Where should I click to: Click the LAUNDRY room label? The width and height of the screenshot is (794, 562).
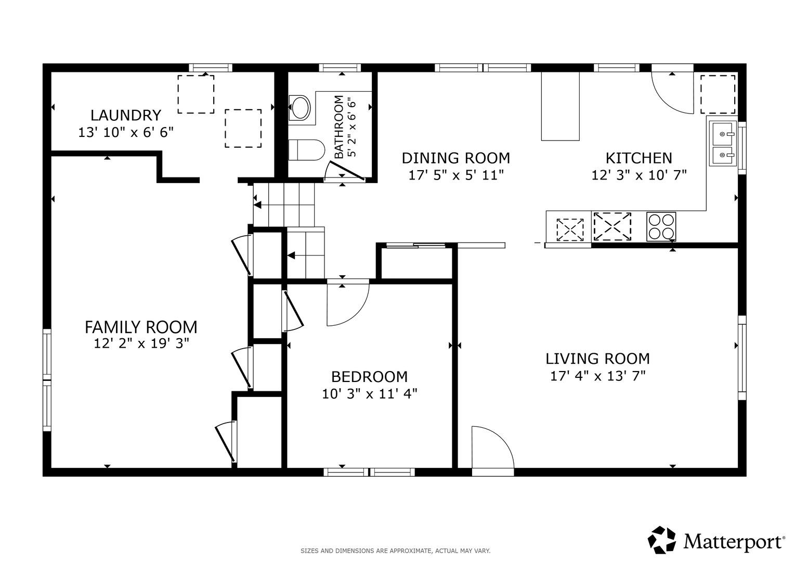tap(126, 116)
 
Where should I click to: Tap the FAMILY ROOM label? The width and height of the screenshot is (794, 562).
tap(141, 327)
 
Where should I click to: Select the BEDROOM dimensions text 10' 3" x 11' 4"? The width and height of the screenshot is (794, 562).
tap(369, 394)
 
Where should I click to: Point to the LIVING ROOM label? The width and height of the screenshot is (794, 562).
tap(597, 359)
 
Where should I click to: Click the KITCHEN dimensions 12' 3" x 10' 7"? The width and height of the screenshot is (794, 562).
tap(639, 175)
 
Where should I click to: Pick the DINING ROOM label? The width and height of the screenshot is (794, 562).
tap(456, 158)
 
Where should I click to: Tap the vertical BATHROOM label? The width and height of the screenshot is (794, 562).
tap(339, 126)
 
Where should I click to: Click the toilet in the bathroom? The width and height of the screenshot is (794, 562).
tap(307, 150)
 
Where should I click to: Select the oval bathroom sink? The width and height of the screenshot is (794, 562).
tap(300, 107)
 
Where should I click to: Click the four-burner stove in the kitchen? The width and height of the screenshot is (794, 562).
tap(661, 227)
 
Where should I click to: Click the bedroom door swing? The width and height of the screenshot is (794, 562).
tap(348, 304)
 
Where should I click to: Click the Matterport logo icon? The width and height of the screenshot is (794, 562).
tap(662, 540)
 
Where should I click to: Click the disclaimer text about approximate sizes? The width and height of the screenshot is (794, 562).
tap(396, 551)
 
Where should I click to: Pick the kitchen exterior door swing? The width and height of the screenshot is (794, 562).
tap(672, 93)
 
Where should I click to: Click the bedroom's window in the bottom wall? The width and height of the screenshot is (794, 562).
tap(369, 472)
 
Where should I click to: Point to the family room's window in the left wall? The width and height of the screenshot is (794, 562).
tap(47, 380)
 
